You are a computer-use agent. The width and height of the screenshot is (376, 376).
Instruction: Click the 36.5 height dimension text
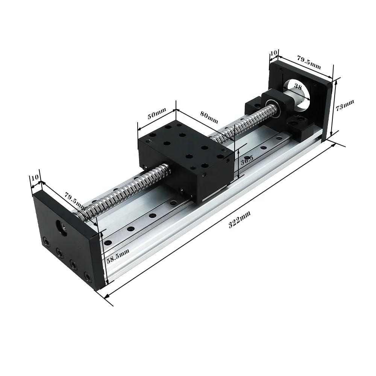(247, 160)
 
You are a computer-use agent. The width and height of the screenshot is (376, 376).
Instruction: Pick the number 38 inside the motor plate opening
(297, 86)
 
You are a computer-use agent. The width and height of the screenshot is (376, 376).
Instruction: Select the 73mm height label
(345, 106)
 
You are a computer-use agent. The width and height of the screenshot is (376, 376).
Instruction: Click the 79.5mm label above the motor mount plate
(309, 62)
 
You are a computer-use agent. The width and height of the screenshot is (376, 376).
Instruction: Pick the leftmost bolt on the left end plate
(45, 240)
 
